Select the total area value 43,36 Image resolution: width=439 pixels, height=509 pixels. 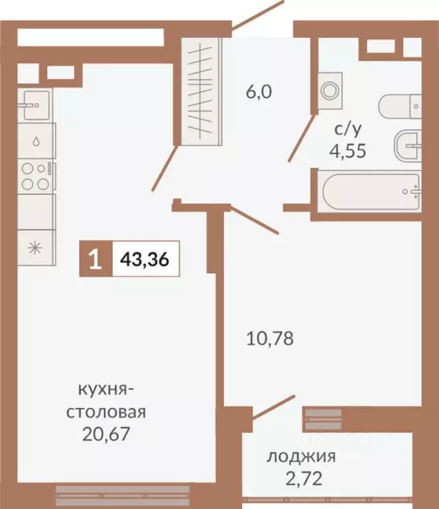(145, 259)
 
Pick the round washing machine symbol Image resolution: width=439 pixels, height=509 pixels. (328, 90)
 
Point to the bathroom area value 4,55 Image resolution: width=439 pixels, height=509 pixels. (347, 149)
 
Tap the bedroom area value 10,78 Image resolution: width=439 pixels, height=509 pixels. (270, 338)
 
